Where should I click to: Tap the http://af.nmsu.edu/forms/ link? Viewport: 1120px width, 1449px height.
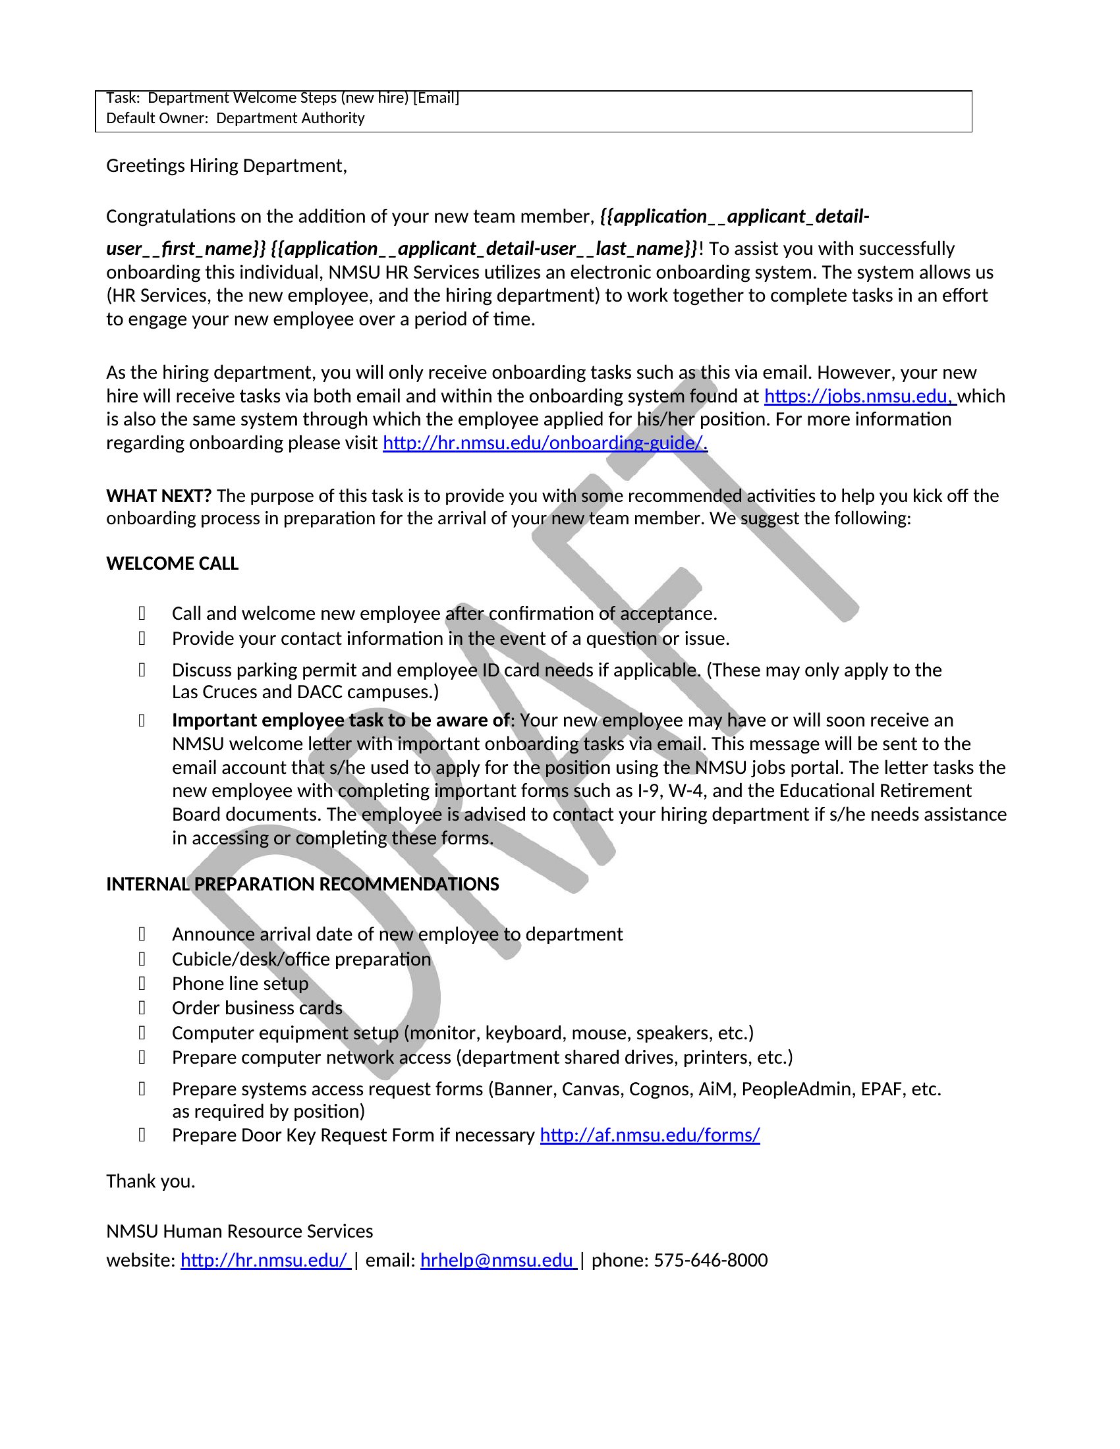(650, 1135)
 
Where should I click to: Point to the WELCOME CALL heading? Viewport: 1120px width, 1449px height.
(172, 563)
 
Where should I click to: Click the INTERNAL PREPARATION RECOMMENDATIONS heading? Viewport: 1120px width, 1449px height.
(302, 884)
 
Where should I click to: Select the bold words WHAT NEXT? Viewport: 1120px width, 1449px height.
(159, 495)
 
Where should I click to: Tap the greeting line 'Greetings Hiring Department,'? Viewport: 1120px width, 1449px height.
(226, 165)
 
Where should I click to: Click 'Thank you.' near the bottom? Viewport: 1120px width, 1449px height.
(151, 1181)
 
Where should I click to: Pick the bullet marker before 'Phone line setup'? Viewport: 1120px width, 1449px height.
(142, 983)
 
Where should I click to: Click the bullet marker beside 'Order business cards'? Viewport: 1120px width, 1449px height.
(142, 1008)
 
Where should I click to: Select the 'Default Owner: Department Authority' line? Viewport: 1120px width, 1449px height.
(235, 118)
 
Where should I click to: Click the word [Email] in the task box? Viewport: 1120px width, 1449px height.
(436, 98)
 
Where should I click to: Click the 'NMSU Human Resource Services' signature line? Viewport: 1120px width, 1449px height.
(240, 1231)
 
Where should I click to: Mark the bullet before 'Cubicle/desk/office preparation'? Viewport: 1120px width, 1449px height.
(142, 959)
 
